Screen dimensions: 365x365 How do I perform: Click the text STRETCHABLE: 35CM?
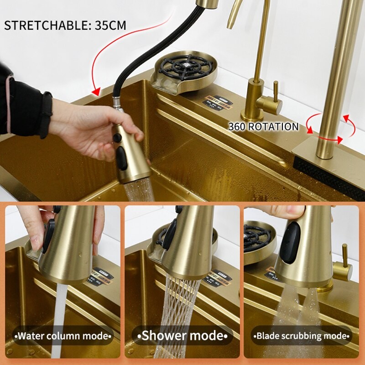pyautogui.click(x=65, y=25)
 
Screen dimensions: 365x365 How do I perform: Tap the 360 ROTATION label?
pyautogui.click(x=263, y=127)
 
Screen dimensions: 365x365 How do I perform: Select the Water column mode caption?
pyautogui.click(x=63, y=337)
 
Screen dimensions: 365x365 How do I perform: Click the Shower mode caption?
pyautogui.click(x=182, y=336)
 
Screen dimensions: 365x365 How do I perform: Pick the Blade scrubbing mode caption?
pyautogui.click(x=302, y=337)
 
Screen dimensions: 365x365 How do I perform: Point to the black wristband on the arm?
pyautogui.click(x=46, y=114)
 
